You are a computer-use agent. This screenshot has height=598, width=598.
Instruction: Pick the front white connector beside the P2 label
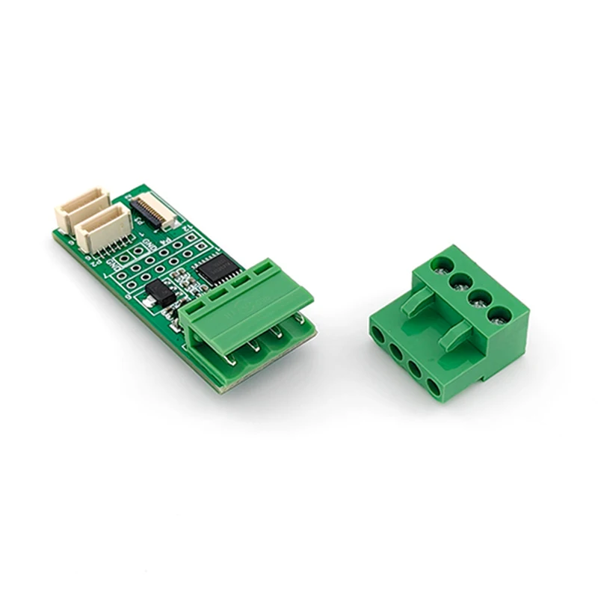(105, 229)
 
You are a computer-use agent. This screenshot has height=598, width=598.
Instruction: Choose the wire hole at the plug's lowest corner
(434, 387)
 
